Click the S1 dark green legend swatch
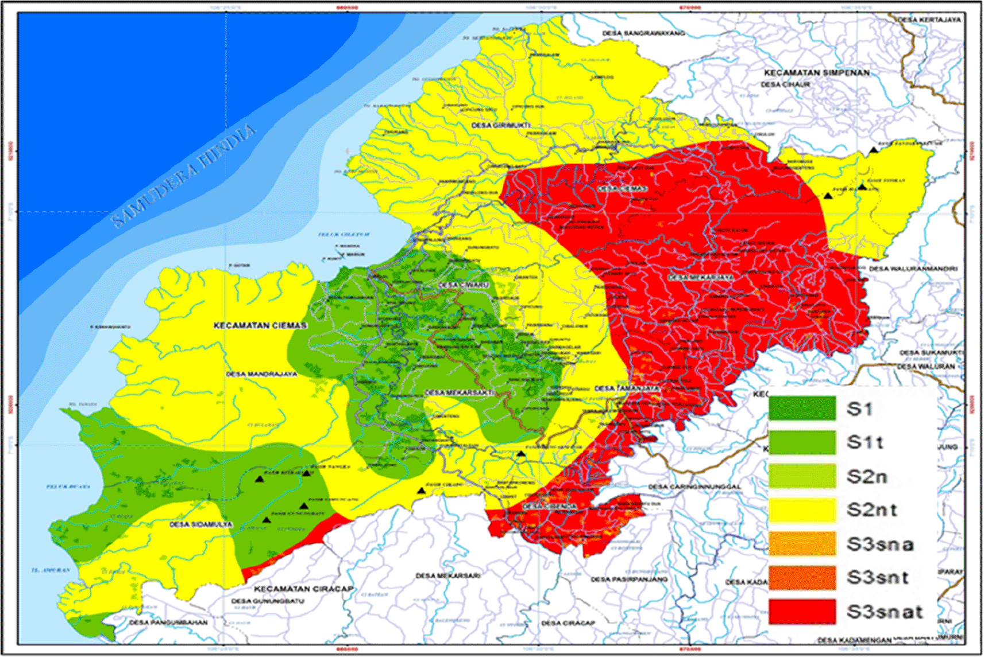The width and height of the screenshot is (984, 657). (802, 409)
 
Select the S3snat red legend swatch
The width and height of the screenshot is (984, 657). (802, 612)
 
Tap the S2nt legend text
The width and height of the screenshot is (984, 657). (871, 510)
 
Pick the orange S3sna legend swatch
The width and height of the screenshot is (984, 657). (802, 543)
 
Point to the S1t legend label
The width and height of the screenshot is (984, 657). (865, 442)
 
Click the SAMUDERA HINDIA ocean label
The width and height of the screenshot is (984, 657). (183, 175)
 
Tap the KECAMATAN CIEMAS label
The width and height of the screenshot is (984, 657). (260, 325)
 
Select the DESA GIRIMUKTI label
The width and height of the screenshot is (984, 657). (501, 125)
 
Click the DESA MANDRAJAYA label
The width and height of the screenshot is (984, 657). (261, 374)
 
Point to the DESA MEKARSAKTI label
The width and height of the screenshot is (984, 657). (459, 392)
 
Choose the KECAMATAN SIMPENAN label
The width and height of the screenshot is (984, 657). (816, 73)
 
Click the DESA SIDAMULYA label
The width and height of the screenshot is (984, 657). (201, 524)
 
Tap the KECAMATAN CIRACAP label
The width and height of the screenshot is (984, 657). (304, 589)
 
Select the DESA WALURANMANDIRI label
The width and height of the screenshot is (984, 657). (913, 269)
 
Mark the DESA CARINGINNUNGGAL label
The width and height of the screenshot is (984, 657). (694, 487)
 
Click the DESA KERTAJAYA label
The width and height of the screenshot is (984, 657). (929, 20)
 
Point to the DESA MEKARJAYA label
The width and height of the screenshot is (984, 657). (700, 277)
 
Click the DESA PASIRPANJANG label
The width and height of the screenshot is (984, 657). (629, 580)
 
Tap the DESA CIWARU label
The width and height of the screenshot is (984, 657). (463, 285)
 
